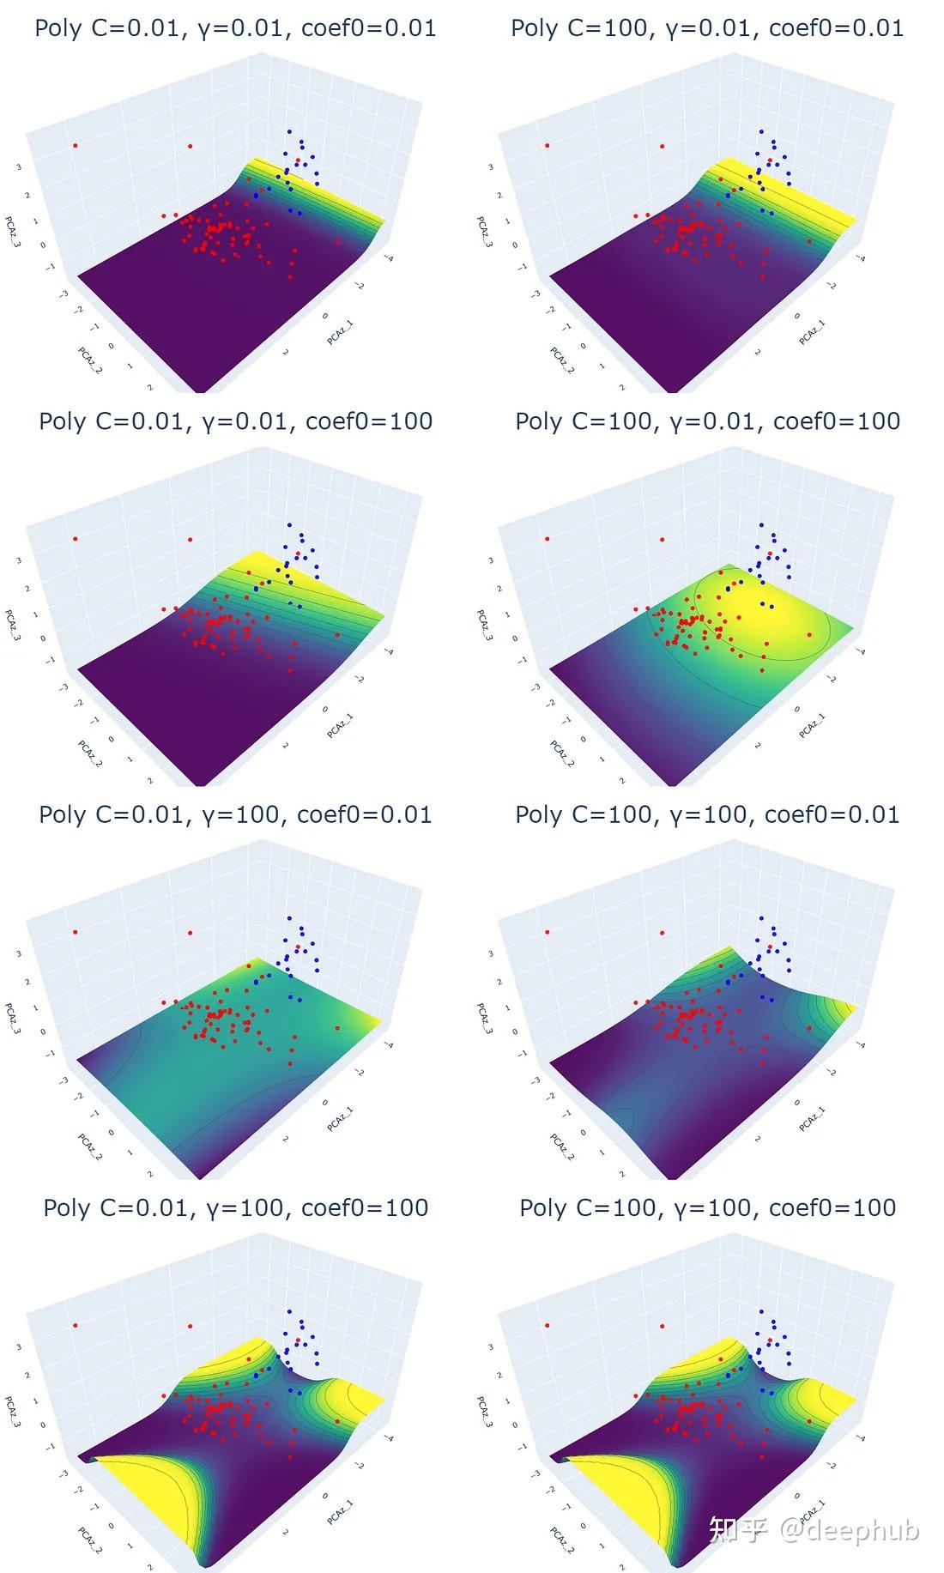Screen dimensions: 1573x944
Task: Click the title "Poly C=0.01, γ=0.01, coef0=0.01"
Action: pyautogui.click(x=235, y=28)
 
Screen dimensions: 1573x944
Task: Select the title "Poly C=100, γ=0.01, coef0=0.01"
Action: pyautogui.click(x=707, y=28)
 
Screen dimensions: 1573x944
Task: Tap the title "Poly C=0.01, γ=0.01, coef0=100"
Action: pyautogui.click(x=235, y=421)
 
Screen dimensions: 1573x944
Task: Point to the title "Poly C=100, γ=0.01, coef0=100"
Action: pyautogui.click(x=707, y=421)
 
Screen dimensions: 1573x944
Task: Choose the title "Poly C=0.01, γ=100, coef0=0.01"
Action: pyautogui.click(x=235, y=814)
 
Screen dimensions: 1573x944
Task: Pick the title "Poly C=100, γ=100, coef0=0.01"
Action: pyautogui.click(x=707, y=814)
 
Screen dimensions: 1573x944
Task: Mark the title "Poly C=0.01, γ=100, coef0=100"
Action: pyautogui.click(x=235, y=1207)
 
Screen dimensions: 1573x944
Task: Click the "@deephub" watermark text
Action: pyautogui.click(x=849, y=1529)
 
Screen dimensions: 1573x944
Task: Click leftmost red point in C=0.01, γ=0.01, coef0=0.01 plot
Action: pyautogui.click(x=76, y=146)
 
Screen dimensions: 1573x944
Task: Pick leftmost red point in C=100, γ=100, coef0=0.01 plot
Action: pyautogui.click(x=548, y=932)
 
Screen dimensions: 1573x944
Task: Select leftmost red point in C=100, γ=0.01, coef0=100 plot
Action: pyautogui.click(x=548, y=539)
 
